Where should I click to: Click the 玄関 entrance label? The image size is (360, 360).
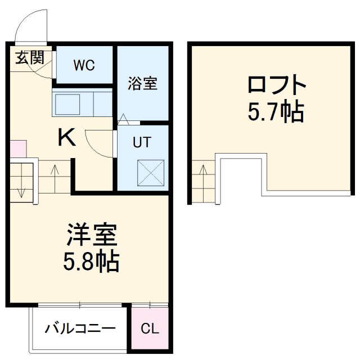(x=30, y=57)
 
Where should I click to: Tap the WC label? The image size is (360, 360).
(x=84, y=64)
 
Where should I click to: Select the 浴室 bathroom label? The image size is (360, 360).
(x=143, y=84)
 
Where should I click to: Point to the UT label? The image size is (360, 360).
(x=142, y=142)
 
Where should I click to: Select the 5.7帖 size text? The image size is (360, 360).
(x=276, y=112)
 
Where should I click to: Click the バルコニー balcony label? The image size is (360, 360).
(x=80, y=328)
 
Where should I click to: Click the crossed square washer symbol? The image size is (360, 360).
(x=151, y=173)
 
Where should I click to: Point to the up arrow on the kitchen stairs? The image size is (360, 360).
(x=55, y=170)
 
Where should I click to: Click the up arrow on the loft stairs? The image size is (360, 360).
(x=203, y=170)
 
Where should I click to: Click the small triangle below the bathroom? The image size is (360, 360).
(x=124, y=119)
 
